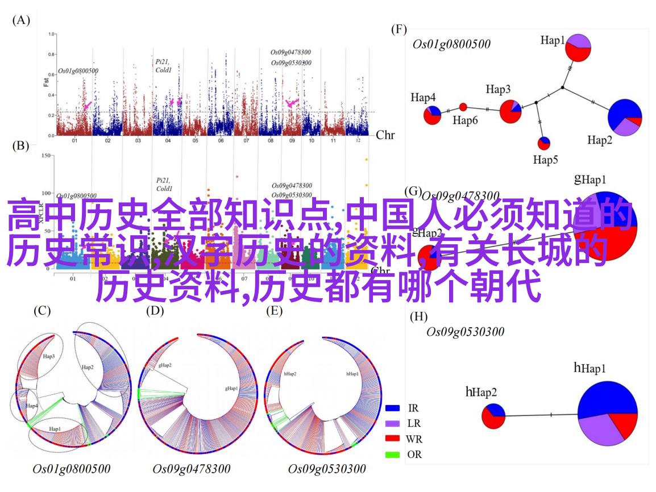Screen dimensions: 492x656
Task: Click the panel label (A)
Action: pyautogui.click(x=20, y=20)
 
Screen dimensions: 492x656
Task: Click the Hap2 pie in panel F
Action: pyautogui.click(x=625, y=117)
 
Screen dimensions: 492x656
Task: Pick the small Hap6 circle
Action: pyautogui.click(x=463, y=107)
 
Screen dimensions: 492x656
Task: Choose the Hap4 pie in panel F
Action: pyautogui.click(x=432, y=115)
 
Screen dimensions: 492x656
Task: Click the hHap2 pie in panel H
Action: pyautogui.click(x=493, y=415)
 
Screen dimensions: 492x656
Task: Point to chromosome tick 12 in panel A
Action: pyautogui.click(x=358, y=140)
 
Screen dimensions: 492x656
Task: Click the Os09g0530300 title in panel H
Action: pyautogui.click(x=465, y=332)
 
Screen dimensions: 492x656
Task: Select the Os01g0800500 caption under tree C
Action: pyautogui.click(x=72, y=469)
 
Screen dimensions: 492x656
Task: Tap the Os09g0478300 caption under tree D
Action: pyautogui.click(x=192, y=469)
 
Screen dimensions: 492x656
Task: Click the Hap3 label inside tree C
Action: pyautogui.click(x=48, y=356)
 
